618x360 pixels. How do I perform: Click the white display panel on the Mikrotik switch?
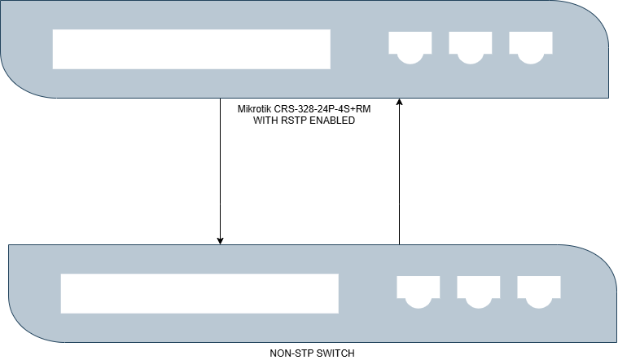[x=191, y=50]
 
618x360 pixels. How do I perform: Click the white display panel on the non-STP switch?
[x=199, y=293]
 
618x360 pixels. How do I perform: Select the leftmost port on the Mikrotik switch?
[x=410, y=46]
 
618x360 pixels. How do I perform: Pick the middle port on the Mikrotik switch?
[x=470, y=46]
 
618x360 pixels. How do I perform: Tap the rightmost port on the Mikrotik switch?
[x=530, y=46]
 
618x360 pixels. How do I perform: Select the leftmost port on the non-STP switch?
[x=418, y=291]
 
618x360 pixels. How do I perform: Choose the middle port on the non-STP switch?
[x=478, y=291]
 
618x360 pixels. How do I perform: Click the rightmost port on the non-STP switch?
[x=538, y=291]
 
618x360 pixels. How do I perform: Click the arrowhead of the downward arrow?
[x=220, y=239]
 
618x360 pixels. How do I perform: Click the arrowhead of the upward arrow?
[x=399, y=103]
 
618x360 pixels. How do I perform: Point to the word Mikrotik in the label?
[x=254, y=109]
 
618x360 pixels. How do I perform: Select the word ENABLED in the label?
[x=335, y=121]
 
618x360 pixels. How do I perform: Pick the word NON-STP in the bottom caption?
[x=289, y=353]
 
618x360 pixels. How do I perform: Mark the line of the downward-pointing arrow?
[x=220, y=171]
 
